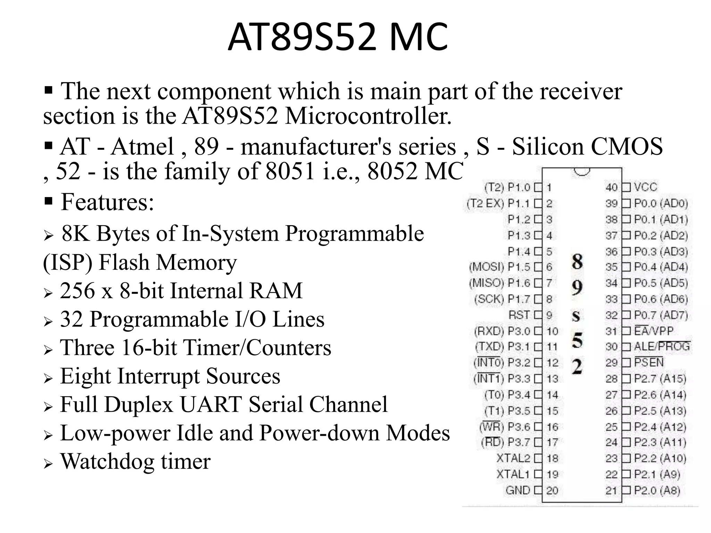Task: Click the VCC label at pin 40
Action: tap(645, 187)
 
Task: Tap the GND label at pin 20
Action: tap(518, 490)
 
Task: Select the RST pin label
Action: tap(519, 315)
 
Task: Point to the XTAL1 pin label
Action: tap(513, 474)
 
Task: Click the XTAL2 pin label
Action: tap(513, 458)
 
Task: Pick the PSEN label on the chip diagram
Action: tap(649, 363)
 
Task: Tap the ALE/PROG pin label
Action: tap(662, 347)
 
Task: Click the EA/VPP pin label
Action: tap(653, 331)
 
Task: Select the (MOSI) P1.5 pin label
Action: tap(500, 267)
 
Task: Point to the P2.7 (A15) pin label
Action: tap(660, 379)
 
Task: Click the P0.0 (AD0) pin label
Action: tap(661, 203)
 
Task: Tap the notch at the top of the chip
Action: tap(582, 171)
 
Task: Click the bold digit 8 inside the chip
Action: tap(577, 262)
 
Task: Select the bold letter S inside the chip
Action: tap(576, 316)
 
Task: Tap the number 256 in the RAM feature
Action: tap(77, 290)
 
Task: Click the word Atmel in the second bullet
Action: tap(142, 146)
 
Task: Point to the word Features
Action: tap(107, 202)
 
